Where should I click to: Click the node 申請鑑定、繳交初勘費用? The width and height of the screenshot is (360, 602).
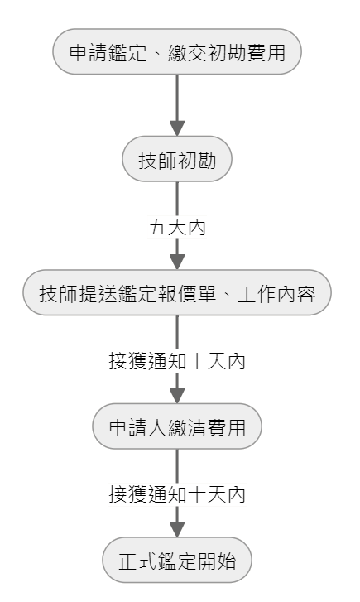point(177,51)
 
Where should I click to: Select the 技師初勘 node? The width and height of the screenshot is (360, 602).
point(177,158)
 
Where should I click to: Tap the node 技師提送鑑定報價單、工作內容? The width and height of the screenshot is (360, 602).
point(177,292)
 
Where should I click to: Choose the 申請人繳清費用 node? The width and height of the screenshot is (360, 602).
point(177,426)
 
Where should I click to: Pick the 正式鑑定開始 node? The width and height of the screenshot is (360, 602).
point(177,560)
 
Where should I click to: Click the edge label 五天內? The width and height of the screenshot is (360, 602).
point(177,227)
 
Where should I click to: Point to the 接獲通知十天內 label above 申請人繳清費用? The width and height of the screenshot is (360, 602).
point(177,360)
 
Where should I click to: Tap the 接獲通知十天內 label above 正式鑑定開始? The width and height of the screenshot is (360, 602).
point(177,494)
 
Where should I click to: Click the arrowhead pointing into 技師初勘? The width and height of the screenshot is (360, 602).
point(177,128)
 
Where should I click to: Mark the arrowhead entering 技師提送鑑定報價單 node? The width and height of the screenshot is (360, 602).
point(177,262)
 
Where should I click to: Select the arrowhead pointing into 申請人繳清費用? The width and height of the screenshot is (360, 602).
point(177,396)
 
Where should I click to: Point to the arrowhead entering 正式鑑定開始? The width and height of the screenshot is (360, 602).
point(177,529)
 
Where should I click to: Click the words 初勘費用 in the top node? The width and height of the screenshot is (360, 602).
point(246,52)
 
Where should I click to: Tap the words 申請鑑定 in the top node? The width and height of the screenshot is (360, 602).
point(108,52)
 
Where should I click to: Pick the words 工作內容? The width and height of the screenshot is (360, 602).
point(276,294)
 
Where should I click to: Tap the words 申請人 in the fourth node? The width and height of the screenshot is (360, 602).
point(137,427)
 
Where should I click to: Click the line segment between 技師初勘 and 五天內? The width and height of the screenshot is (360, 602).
point(177,199)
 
